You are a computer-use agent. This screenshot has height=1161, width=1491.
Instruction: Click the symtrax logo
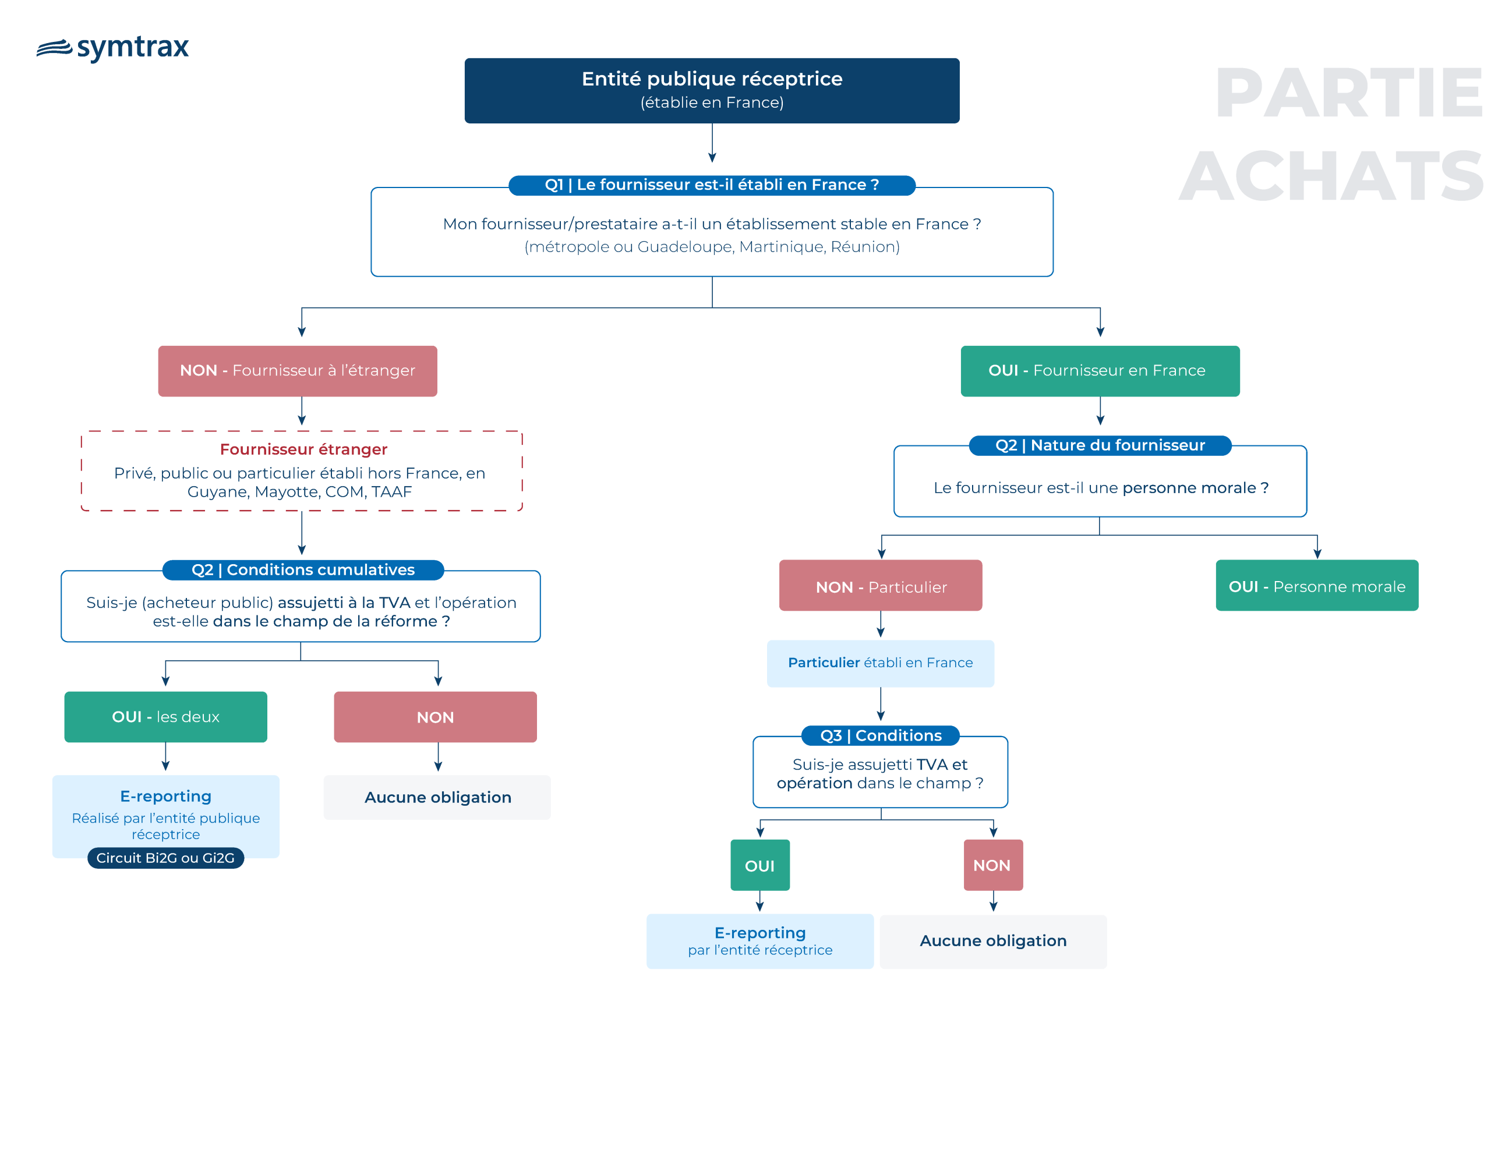click(x=112, y=48)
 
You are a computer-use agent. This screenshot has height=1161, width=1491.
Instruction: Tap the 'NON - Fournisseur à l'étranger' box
click(x=298, y=371)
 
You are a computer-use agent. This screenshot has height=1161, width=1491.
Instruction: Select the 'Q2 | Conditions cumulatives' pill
click(x=303, y=570)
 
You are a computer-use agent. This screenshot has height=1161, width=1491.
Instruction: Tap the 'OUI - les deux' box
click(x=166, y=717)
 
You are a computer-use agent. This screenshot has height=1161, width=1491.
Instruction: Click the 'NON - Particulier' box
click(x=881, y=586)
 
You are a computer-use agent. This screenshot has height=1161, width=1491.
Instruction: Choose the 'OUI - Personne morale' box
click(x=1317, y=586)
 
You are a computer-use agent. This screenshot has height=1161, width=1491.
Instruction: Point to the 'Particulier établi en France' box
click(x=881, y=663)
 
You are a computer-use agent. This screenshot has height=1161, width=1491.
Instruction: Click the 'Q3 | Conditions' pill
click(x=881, y=736)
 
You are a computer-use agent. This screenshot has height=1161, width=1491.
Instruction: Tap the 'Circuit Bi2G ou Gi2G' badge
click(x=166, y=858)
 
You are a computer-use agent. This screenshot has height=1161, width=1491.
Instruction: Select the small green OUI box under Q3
click(x=760, y=865)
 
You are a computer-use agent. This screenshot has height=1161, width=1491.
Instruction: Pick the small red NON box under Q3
click(x=993, y=865)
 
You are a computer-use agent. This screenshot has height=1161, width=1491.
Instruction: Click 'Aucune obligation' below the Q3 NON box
click(x=993, y=941)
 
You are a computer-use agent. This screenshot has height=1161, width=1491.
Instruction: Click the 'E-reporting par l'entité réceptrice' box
click(x=760, y=941)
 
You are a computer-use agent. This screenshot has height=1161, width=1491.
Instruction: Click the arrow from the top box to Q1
click(x=712, y=143)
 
